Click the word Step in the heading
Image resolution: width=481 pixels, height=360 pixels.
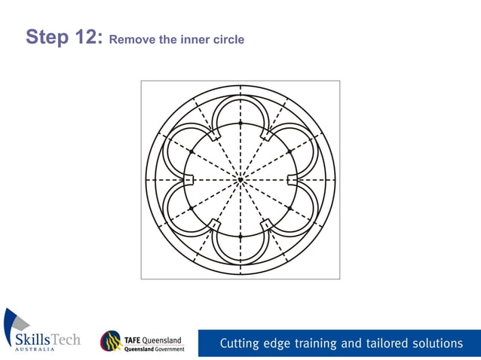(47, 37)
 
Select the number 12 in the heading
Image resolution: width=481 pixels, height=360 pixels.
(87, 37)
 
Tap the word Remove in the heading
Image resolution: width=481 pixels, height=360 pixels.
(132, 39)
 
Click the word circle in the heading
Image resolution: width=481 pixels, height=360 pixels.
(228, 39)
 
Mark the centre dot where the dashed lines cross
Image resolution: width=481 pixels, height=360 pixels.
(240, 180)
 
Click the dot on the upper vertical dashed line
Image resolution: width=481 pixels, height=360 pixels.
(240, 123)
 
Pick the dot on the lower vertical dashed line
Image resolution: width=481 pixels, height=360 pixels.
(240, 236)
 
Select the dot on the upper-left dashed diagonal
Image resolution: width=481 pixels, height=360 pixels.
(191, 151)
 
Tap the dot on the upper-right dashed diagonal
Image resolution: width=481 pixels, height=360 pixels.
(290, 151)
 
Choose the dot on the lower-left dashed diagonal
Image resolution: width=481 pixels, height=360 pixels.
(191, 208)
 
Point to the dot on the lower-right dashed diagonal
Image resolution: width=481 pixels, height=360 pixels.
(290, 208)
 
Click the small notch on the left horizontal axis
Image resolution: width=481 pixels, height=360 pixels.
(190, 180)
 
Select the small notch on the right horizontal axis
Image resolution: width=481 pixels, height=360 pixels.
(292, 180)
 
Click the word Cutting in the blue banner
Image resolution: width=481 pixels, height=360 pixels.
(239, 343)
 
